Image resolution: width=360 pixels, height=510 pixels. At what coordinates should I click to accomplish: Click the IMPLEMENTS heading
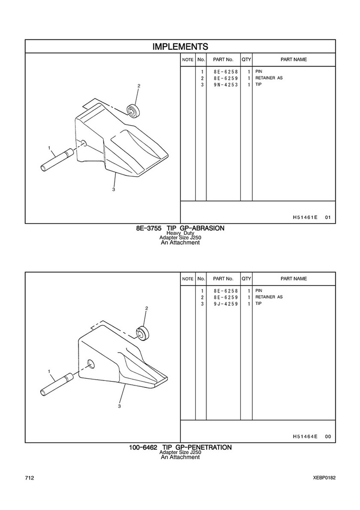coord(180,46)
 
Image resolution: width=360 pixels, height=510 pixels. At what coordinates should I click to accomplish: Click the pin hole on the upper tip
coord(83,143)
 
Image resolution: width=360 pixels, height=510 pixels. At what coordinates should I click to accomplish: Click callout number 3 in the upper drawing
coord(114,190)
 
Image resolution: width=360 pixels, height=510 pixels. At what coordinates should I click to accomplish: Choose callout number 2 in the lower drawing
coord(147,308)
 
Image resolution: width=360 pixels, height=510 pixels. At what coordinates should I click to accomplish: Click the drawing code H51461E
coord(305,217)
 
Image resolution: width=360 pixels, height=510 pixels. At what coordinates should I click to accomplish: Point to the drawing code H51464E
coord(305,437)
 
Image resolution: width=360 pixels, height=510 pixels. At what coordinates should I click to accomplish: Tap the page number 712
coord(29,478)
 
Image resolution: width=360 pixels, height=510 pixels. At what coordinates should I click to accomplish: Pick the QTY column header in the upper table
coord(246,60)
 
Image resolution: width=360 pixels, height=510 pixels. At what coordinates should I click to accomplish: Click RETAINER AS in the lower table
coord(269,297)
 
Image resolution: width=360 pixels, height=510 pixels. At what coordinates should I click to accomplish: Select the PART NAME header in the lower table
coord(294,279)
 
